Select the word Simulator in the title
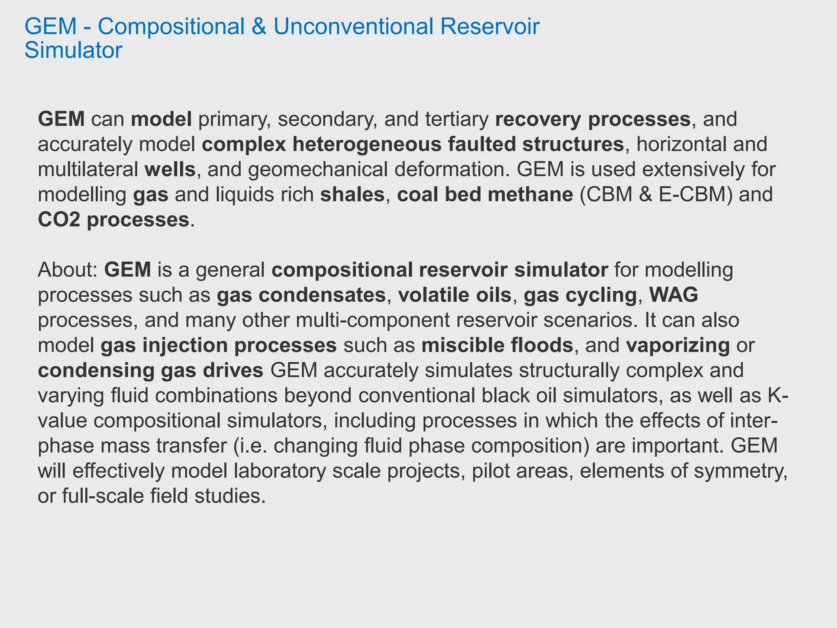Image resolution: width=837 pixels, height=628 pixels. click(74, 50)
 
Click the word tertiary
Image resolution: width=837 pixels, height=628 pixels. click(457, 119)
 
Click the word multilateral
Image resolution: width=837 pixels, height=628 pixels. click(88, 169)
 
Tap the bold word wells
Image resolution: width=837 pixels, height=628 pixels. click(170, 169)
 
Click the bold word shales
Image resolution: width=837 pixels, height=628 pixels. click(352, 195)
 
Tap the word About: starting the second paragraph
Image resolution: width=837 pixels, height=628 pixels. click(67, 270)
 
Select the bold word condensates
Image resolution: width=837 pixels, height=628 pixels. click(322, 295)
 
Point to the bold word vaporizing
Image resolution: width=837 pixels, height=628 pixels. click(678, 345)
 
